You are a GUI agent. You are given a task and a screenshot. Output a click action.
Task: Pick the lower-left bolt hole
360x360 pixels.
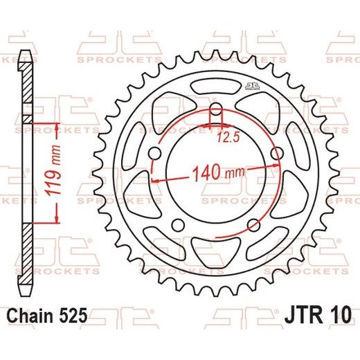pos(179,226)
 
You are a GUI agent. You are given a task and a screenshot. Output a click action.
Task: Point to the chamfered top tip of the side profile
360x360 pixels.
pos(26,54)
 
